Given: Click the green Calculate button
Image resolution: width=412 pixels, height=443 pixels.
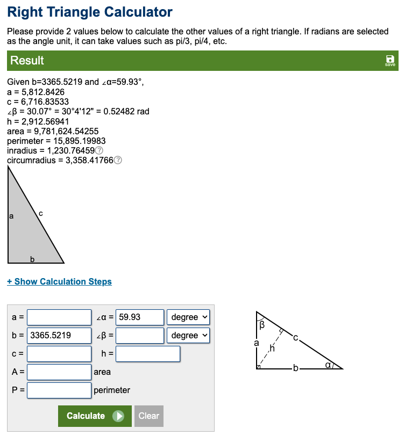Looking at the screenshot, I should pyautogui.click(x=95, y=416).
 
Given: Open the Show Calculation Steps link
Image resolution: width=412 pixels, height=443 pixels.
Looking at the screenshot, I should pyautogui.click(x=59, y=281).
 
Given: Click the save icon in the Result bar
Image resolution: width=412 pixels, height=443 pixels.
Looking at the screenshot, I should pyautogui.click(x=390, y=60).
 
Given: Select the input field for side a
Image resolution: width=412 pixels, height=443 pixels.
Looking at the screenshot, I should pyautogui.click(x=59, y=317).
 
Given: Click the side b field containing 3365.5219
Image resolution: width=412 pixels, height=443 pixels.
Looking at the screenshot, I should pyautogui.click(x=59, y=336).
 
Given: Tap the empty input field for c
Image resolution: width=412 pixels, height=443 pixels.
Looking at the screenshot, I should pyautogui.click(x=59, y=354).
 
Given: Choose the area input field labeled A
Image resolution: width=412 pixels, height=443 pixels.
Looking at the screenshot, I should pyautogui.click(x=59, y=372).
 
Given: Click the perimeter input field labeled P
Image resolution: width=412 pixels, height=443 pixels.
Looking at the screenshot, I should pyautogui.click(x=59, y=390).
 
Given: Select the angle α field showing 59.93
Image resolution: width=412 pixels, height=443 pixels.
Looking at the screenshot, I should pyautogui.click(x=140, y=317).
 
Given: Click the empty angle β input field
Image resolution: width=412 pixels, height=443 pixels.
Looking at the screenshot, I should pyautogui.click(x=140, y=336).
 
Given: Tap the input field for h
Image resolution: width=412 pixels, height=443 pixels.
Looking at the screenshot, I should pyautogui.click(x=147, y=354).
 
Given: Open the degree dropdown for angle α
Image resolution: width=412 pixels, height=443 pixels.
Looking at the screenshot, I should pyautogui.click(x=188, y=317).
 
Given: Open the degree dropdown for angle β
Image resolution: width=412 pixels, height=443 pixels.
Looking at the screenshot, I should pyautogui.click(x=188, y=336).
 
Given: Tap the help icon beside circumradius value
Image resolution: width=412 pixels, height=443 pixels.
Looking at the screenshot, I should pyautogui.click(x=118, y=160).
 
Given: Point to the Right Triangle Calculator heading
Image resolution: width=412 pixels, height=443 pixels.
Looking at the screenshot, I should pyautogui.click(x=90, y=12).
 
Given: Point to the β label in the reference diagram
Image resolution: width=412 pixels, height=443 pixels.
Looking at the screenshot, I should pyautogui.click(x=262, y=325).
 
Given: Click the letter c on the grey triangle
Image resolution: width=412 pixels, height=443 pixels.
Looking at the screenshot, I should pyautogui.click(x=41, y=214).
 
